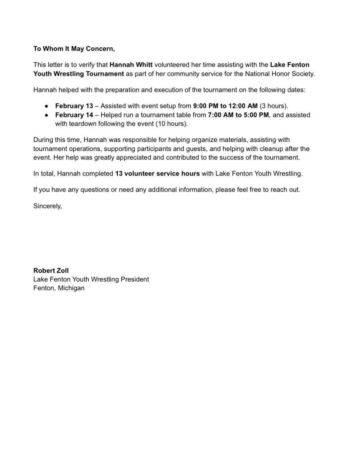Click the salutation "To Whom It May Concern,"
[74, 49]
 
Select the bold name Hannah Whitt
[131, 65]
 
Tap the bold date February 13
[74, 106]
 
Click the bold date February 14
[74, 115]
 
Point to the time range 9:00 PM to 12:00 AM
[225, 106]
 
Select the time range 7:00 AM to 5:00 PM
[238, 115]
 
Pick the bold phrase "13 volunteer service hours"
[157, 174]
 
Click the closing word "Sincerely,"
[47, 206]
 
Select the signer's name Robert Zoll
[51, 271]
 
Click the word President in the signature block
[135, 279]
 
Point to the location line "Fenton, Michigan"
[59, 288]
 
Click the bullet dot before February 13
[47, 106]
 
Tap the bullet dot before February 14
[47, 115]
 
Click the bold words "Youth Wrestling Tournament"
[78, 74]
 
